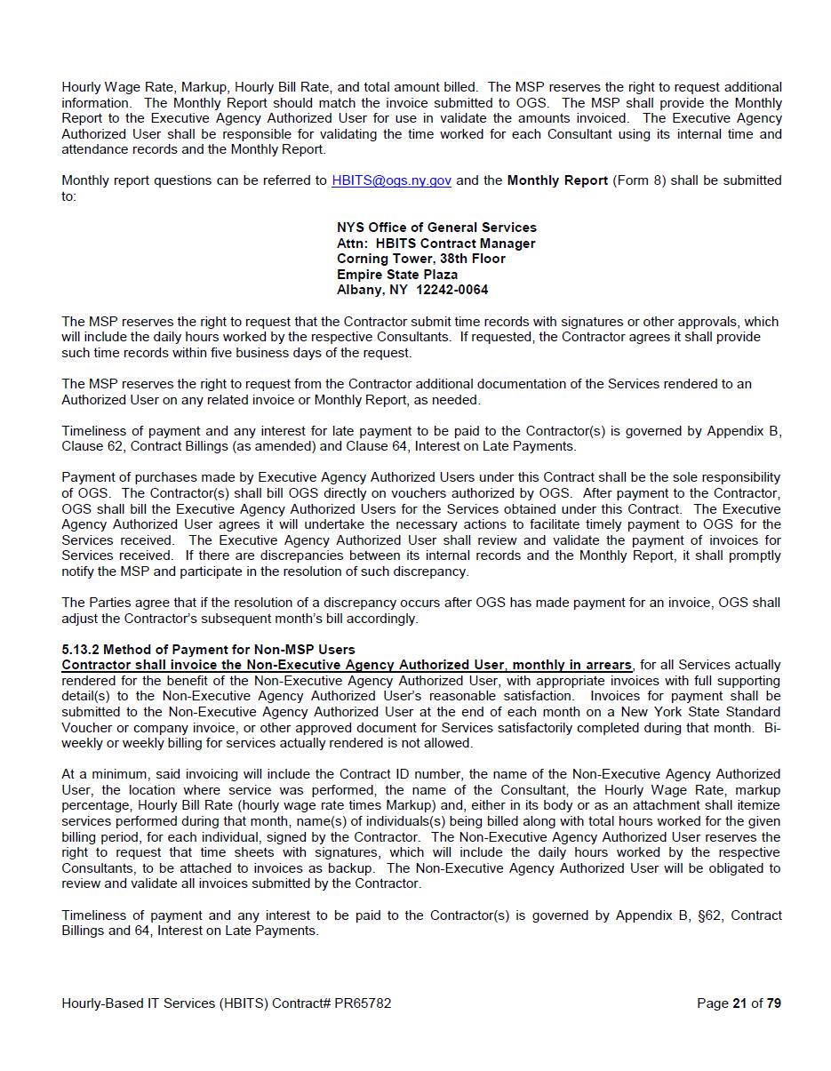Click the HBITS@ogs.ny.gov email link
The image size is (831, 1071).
(391, 180)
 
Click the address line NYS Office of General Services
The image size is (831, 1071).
(436, 228)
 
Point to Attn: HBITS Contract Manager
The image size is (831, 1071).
(435, 244)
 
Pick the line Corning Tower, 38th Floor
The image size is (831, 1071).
(420, 259)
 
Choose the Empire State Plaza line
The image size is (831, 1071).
(397, 275)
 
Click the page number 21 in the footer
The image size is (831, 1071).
(739, 1003)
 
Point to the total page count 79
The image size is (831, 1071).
(773, 1003)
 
